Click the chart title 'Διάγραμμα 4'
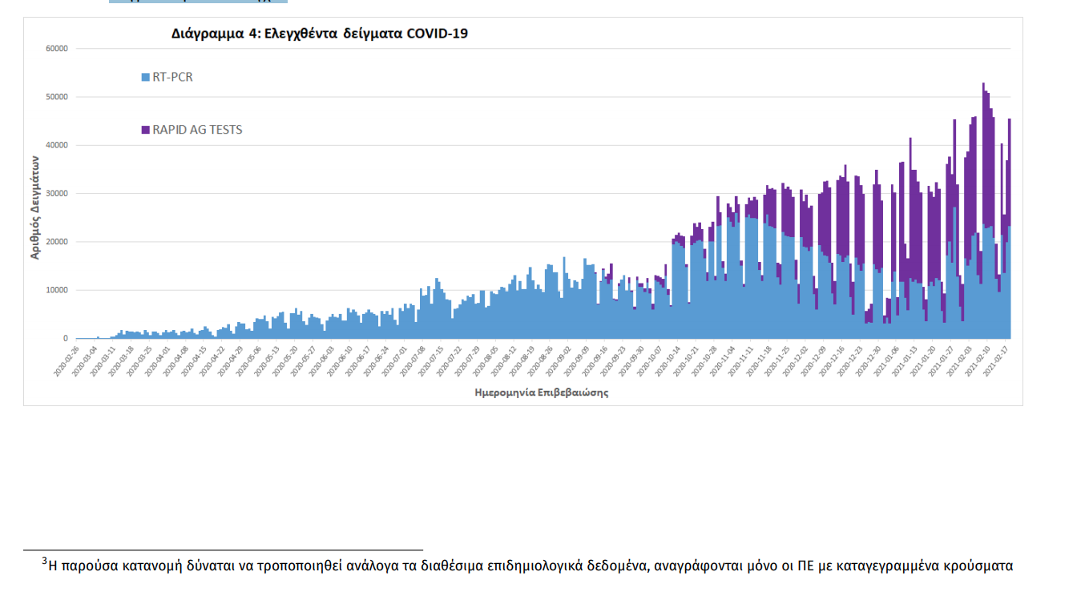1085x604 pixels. click(x=320, y=34)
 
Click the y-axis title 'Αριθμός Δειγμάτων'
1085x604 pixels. click(x=35, y=207)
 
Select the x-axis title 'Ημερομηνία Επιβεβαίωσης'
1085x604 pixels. click(x=541, y=393)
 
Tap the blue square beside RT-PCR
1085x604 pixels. click(x=145, y=78)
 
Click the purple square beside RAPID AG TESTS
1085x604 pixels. click(x=145, y=130)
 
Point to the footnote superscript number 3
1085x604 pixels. click(x=45, y=561)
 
